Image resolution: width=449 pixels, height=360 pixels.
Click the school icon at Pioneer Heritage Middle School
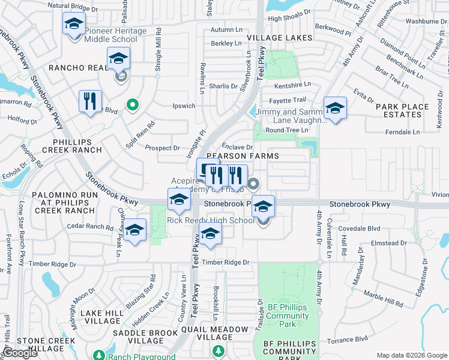[x=73, y=25]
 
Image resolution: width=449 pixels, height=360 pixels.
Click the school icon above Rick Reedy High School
[x=263, y=206]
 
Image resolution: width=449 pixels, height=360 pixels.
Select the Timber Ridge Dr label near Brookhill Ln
[x=225, y=262]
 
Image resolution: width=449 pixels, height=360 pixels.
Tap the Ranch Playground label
[x=148, y=356]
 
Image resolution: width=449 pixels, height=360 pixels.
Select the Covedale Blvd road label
[x=360, y=229]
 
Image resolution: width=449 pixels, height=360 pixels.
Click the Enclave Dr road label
[x=237, y=146]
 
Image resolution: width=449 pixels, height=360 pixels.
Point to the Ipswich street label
[x=184, y=106]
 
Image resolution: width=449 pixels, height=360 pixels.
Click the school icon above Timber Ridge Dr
[x=209, y=235]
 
